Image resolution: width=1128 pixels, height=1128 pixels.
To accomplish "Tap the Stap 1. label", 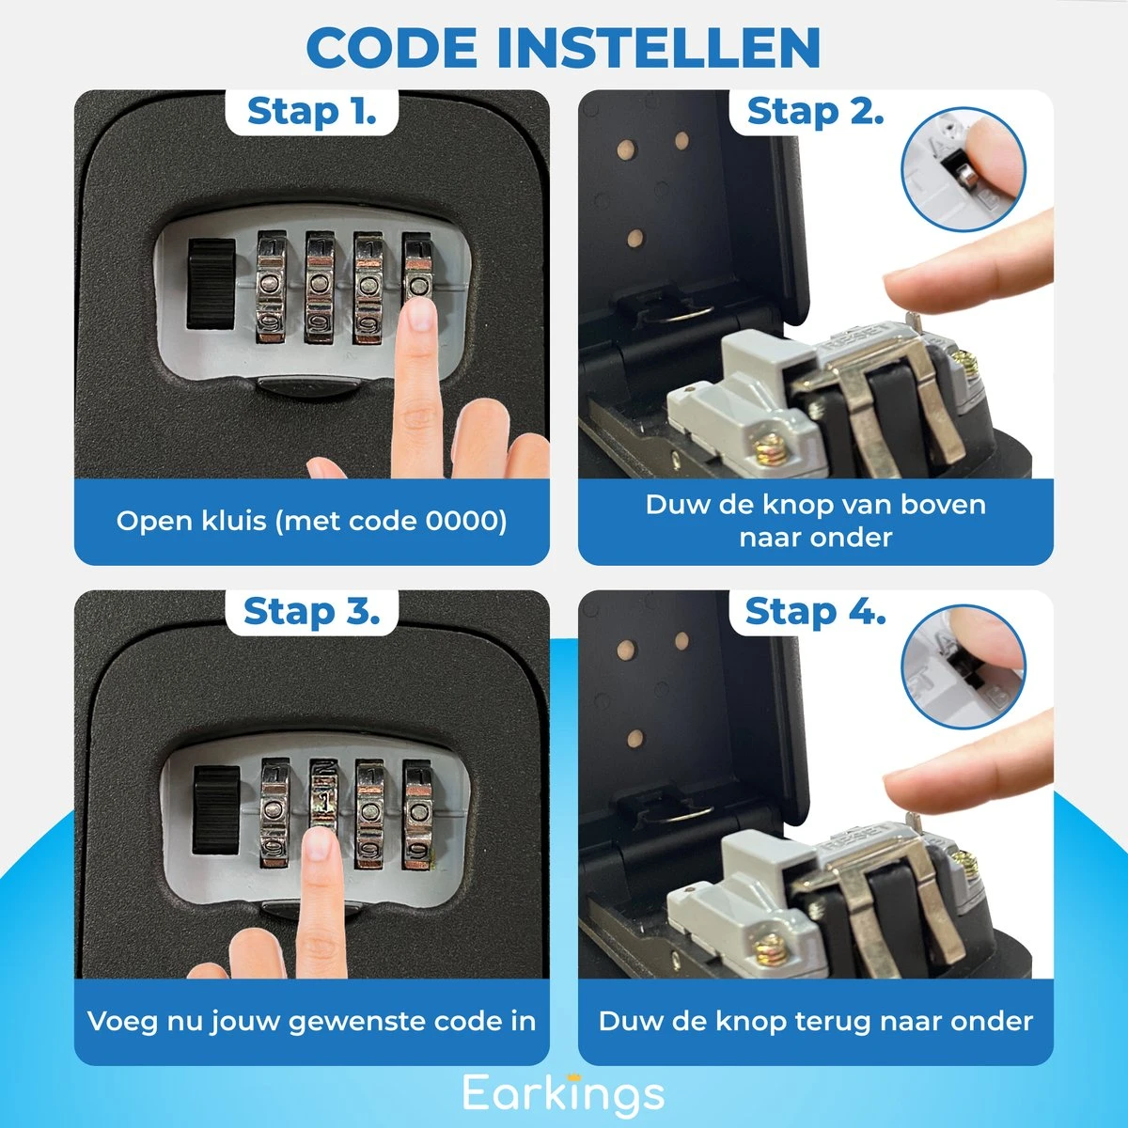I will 311,112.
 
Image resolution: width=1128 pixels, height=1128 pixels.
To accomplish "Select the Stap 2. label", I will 815,112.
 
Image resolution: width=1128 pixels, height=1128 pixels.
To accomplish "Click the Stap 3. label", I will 311,612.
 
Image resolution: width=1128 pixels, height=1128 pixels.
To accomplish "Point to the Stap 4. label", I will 815,612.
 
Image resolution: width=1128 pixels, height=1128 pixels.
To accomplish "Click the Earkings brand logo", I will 563,1093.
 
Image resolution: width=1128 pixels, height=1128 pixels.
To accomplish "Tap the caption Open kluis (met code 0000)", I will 311,521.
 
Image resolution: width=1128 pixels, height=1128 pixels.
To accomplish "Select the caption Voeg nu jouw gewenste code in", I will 311,1021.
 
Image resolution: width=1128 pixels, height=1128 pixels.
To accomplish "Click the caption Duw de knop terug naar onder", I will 815,1021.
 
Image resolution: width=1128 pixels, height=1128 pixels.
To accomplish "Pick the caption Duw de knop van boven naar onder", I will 815,521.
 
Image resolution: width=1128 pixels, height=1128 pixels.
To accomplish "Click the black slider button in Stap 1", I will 211,284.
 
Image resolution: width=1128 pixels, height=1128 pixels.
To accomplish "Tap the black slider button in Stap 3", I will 215,809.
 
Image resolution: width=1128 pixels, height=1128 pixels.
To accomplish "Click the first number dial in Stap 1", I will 271,286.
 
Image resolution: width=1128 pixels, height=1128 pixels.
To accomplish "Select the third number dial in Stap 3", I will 369,812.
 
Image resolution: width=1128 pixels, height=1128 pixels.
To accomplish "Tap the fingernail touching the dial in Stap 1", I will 419,314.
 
